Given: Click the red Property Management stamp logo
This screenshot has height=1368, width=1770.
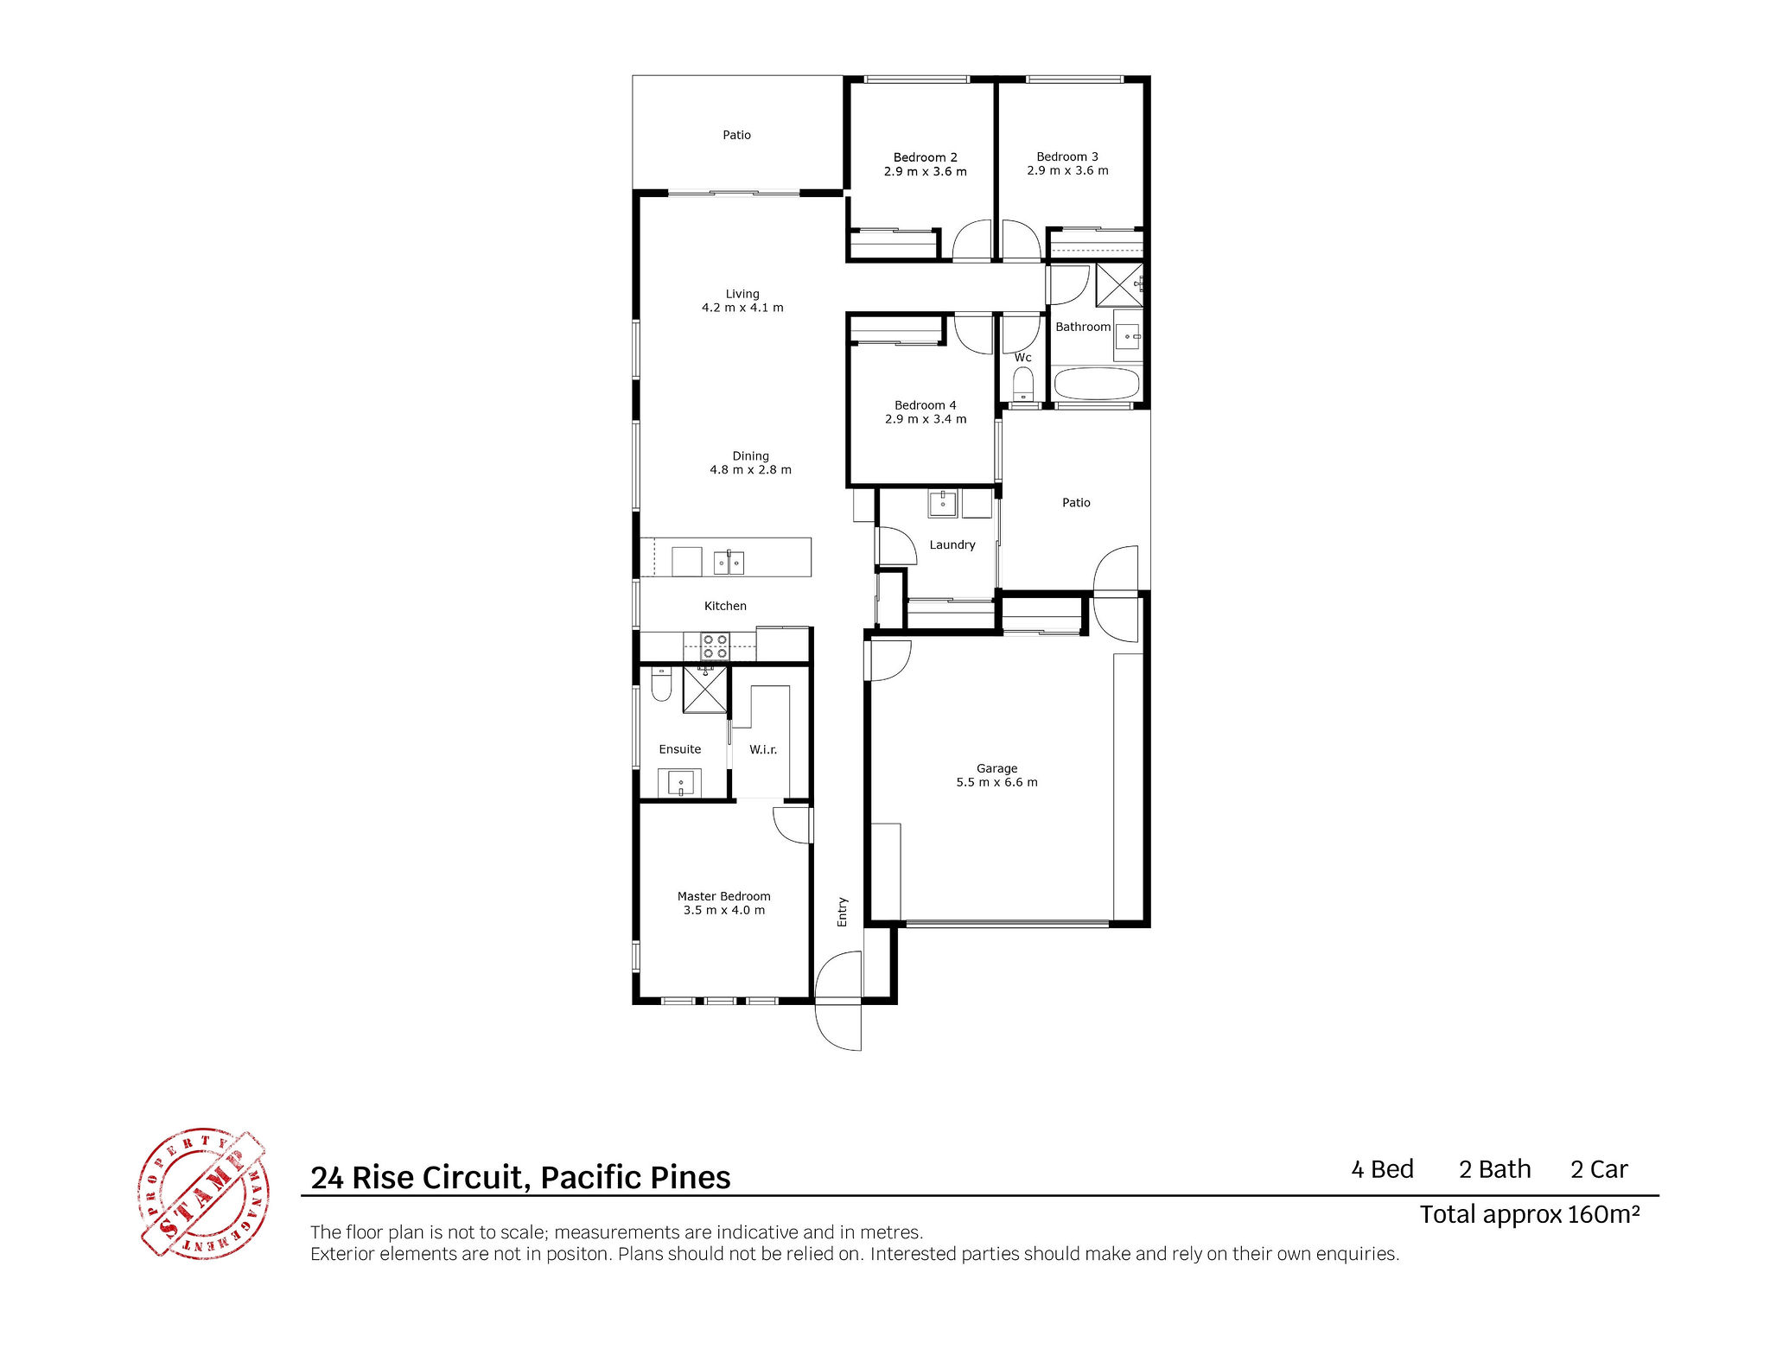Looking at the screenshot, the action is click(203, 1193).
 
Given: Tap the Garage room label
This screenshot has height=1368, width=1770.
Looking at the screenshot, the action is click(996, 768).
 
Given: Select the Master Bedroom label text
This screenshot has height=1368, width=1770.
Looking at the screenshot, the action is click(723, 896).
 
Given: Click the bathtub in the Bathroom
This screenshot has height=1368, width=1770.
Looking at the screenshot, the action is click(1096, 384).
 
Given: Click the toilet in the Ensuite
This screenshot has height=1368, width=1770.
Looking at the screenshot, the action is click(661, 684).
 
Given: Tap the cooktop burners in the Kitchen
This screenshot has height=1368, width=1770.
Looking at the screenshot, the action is click(715, 646).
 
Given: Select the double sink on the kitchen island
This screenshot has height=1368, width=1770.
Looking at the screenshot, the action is click(729, 563).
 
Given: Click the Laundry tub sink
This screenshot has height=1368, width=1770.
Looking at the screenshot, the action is click(943, 503).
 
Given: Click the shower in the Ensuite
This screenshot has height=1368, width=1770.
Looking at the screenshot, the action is click(705, 690).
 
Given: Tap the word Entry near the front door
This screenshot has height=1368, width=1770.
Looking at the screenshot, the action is click(843, 912).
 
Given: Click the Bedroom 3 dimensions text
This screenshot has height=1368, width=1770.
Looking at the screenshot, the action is click(1067, 170).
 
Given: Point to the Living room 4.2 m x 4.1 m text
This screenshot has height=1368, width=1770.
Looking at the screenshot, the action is click(742, 308).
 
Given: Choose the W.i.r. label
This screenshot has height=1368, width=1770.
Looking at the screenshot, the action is click(763, 749).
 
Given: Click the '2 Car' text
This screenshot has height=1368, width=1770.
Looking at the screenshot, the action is click(1599, 1169).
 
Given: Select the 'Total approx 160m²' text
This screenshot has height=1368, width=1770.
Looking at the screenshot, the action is click(1530, 1214).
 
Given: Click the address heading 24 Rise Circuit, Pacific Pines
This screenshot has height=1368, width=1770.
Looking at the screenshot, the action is click(520, 1177).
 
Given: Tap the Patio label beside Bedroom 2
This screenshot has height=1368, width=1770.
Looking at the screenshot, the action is click(736, 135).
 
